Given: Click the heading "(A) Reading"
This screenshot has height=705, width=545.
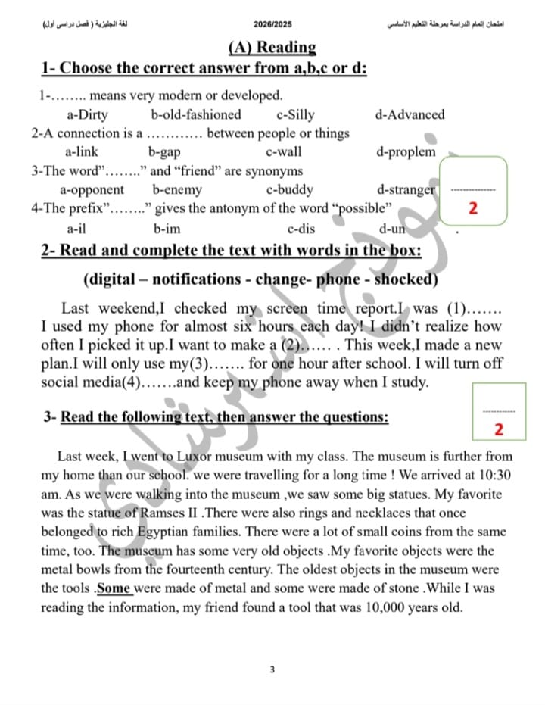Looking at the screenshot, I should pos(272,47).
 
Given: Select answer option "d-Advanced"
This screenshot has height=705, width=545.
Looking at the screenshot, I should pos(410,115).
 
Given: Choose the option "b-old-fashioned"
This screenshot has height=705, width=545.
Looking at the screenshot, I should pos(196,115).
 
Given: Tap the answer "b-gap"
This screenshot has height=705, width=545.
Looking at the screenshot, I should pos(163,151).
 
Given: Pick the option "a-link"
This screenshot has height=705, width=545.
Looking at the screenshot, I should pos(81,151).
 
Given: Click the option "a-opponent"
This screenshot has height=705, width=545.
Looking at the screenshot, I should pos(92,189).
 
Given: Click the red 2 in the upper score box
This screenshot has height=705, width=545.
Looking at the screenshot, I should pos(472,208).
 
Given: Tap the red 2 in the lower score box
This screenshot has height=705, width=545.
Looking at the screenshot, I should pos(498,429).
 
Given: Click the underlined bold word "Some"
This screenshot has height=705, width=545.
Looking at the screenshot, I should pos(114,588).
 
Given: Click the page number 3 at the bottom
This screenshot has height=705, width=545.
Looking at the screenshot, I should pos(272,669).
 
